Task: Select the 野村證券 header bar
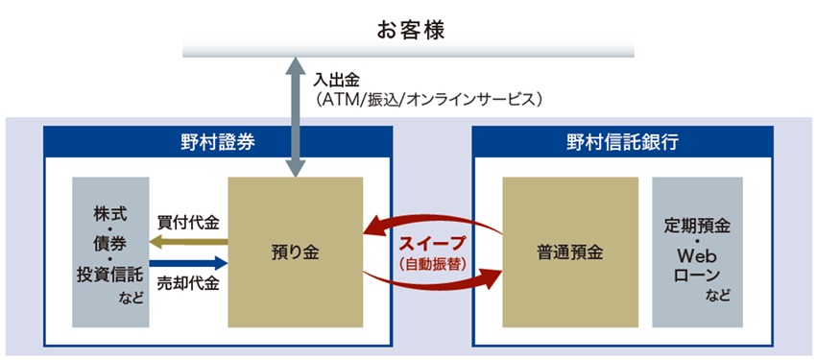pos(219,142)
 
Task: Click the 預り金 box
pos(295,253)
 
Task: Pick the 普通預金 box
pos(570,253)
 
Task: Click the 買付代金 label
pos(188,223)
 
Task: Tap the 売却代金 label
pos(188,283)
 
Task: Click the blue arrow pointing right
pos(188,262)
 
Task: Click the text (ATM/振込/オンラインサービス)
pos(431,99)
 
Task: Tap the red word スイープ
pos(431,242)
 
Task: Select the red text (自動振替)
pos(431,262)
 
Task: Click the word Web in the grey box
pos(697,256)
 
